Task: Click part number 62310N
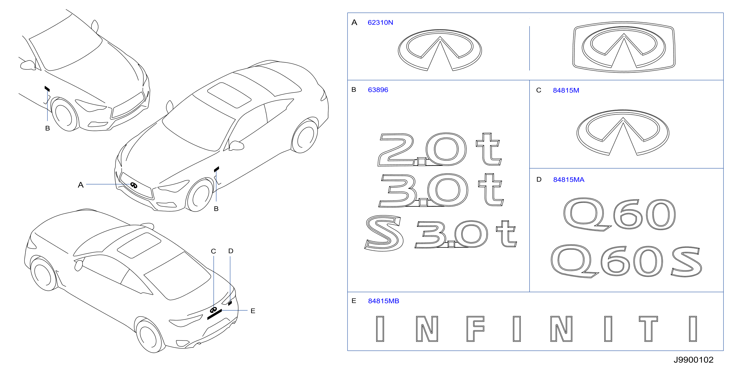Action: coord(380,23)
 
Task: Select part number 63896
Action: coord(378,90)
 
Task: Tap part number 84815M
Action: coord(566,90)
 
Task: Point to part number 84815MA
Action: coord(569,180)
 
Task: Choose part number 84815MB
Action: coord(383,301)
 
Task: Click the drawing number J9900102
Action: coord(693,360)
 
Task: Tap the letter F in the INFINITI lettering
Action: coord(475,329)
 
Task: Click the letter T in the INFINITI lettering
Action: coord(648,329)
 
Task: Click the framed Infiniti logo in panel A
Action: coord(624,47)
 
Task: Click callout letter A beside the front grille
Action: coord(81,185)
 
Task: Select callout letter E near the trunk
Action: coord(253,311)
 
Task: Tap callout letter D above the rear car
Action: coord(231,251)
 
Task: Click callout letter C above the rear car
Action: coord(213,251)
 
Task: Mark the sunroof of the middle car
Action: coord(229,95)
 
